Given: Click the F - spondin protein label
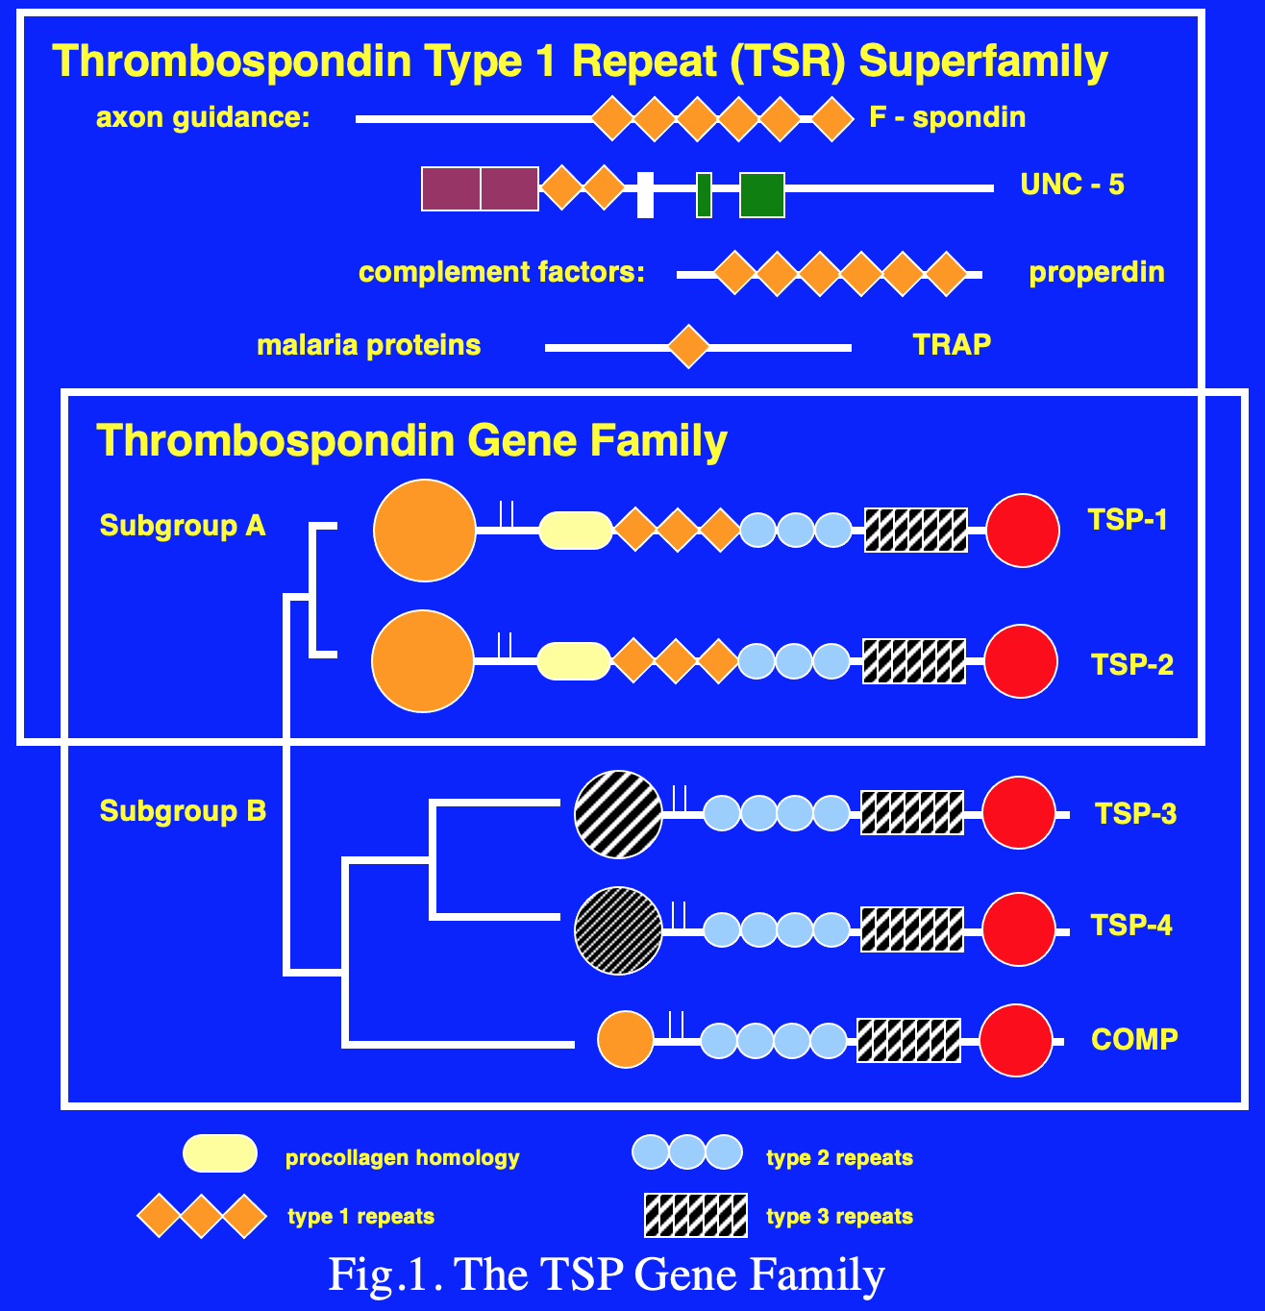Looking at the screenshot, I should [947, 117].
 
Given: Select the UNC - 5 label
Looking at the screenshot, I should [1072, 185].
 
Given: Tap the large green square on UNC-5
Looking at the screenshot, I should [761, 195].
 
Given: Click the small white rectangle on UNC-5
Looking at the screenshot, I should [645, 194].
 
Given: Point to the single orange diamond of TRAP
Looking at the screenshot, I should [688, 346].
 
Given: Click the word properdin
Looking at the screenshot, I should [1096, 272].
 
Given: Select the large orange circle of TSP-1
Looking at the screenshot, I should [424, 531].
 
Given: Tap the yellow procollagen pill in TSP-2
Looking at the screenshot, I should [574, 661].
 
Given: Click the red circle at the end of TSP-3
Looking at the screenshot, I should [1019, 813].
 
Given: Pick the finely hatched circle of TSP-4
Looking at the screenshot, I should [618, 930].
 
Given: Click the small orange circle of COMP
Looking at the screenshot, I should [625, 1039].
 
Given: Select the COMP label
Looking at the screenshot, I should [1134, 1039].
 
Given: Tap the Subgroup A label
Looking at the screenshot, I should [183, 526].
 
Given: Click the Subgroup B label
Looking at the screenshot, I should [183, 811].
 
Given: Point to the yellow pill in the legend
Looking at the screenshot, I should [220, 1153].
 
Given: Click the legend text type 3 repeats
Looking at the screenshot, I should [839, 1217].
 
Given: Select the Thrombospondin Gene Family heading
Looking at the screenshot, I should [411, 441].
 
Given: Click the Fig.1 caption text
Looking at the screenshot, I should [607, 1274].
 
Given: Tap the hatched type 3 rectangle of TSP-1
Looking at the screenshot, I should [915, 530].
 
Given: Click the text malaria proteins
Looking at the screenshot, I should [368, 345].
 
